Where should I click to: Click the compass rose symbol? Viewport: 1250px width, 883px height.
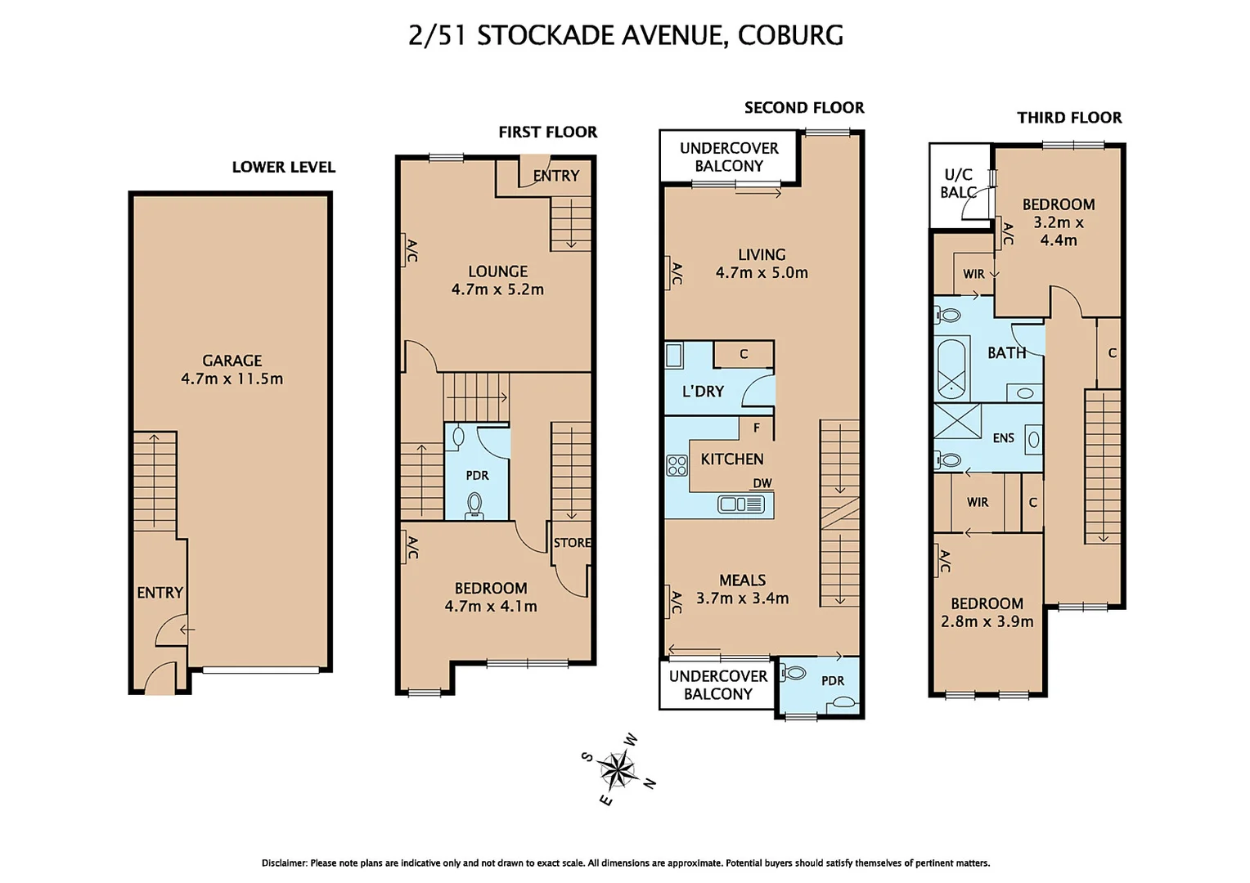point(618,769)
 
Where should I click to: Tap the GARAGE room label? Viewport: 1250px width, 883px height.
point(232,361)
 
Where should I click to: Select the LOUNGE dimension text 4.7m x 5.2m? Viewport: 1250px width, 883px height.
point(497,289)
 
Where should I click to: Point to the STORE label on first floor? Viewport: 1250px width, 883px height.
point(572,543)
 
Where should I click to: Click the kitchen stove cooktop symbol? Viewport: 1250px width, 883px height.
point(677,466)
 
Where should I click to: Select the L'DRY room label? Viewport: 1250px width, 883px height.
point(703,392)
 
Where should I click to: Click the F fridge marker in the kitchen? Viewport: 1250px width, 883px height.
point(757,428)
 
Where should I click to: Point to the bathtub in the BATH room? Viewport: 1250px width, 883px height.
point(951,368)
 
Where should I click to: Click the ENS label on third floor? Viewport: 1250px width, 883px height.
point(1003,438)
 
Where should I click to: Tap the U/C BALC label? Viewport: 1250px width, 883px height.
point(958,184)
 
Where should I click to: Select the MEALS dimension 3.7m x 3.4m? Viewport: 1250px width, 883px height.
point(742,598)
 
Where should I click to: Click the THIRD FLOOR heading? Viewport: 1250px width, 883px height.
point(1069,118)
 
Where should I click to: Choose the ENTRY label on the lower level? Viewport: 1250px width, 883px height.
point(160,593)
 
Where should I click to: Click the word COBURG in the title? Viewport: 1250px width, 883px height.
point(790,35)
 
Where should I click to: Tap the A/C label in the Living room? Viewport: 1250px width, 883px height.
point(676,273)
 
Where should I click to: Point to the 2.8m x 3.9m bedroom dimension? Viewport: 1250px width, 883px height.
point(987,621)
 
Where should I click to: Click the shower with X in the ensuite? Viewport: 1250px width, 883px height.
point(957,421)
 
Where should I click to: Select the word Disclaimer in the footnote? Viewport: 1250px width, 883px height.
point(284,863)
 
